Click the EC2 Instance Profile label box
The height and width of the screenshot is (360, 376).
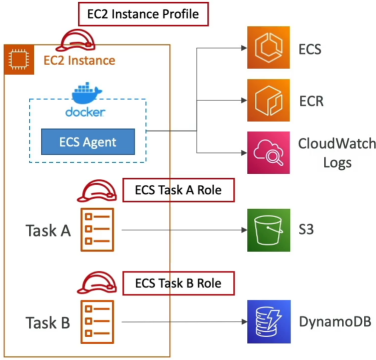pos(143,14)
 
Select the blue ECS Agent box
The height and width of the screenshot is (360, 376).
pos(88,142)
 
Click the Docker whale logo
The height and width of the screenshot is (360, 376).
pos(87,91)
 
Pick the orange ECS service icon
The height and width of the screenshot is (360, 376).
pos(268,48)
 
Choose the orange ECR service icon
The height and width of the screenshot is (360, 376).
pos(268,100)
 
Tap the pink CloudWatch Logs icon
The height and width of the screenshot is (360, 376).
pos(268,153)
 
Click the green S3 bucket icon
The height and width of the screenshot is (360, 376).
pos(268,230)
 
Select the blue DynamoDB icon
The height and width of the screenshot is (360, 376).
pos(268,322)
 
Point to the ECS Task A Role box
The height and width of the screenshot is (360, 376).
pos(178,190)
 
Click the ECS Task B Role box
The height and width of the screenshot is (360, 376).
pos(178,283)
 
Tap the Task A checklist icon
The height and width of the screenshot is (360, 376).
pos(97,230)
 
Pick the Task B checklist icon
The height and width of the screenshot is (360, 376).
pos(97,322)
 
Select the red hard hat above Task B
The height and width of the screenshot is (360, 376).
pos(97,283)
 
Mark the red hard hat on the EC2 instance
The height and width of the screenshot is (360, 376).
pos(75,40)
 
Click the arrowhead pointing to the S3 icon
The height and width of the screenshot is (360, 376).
pos(244,230)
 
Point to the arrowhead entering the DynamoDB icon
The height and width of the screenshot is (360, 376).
pos(244,322)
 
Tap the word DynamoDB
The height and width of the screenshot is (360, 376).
pos(335,322)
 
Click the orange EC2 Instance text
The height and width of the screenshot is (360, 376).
pos(79,60)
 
